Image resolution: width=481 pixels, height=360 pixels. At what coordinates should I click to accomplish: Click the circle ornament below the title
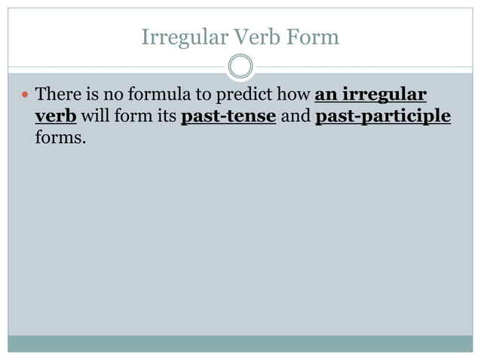pos(240,67)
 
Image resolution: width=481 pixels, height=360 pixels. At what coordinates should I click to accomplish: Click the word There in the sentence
pos(57,96)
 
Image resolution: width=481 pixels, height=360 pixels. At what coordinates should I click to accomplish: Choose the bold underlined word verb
pos(56,117)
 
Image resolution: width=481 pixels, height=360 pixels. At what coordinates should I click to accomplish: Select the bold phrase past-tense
pos(228,117)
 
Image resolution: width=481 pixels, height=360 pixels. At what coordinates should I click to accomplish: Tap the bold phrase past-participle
pos(383,117)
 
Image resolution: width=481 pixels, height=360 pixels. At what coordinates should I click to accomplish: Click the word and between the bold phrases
pos(296,117)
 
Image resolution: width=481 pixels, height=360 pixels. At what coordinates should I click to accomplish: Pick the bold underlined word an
pos(325,96)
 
